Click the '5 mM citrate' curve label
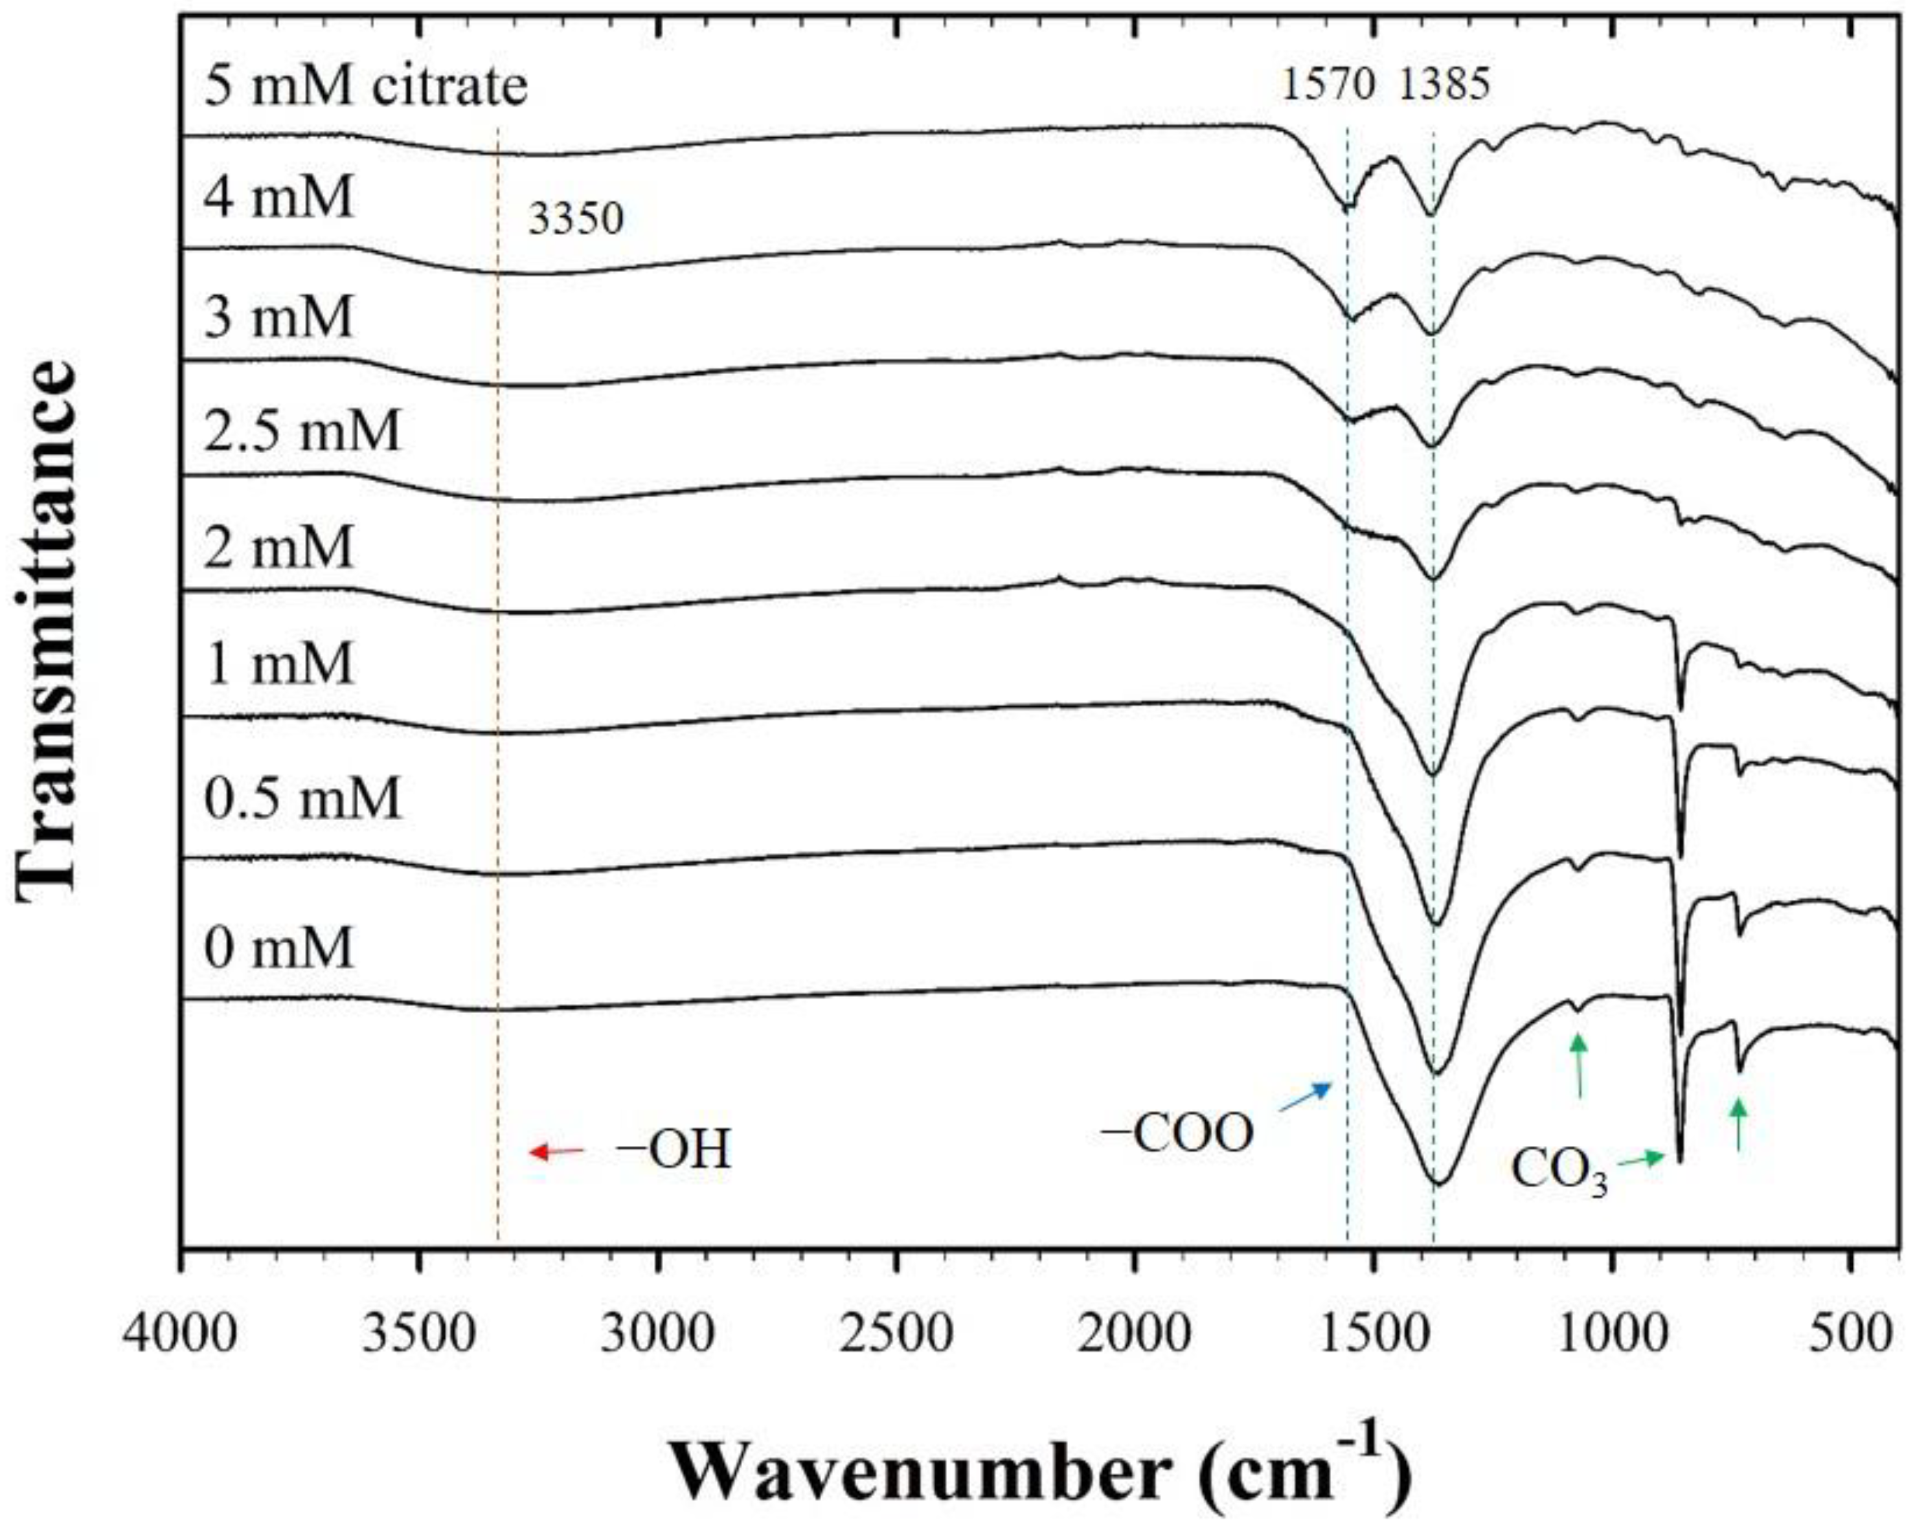366,87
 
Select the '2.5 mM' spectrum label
302,430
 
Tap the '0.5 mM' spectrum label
302,798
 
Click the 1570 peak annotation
1328,85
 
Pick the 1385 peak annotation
1444,85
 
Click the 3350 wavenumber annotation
576,218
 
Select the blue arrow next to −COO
1305,1098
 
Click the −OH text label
674,1151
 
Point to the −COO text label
1177,1135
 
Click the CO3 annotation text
1559,1173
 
